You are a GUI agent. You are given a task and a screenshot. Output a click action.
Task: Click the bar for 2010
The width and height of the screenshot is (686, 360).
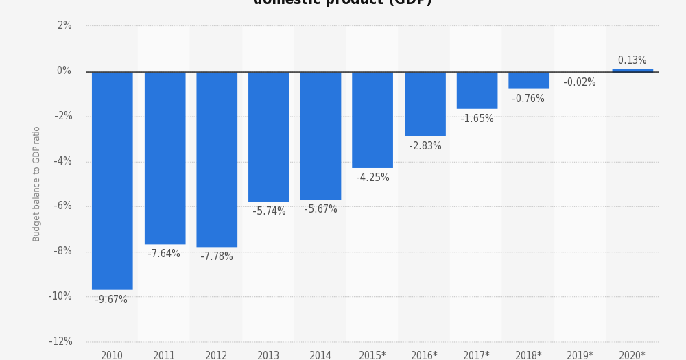tap(112, 180)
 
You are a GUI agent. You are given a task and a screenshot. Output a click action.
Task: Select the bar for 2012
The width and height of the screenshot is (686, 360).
tap(216, 159)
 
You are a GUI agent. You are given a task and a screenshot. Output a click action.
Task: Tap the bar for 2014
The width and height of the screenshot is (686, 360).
tap(320, 135)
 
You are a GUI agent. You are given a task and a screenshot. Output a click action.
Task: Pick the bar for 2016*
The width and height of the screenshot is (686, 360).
tap(425, 104)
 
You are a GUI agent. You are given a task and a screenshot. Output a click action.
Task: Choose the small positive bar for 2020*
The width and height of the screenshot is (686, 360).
tap(632, 70)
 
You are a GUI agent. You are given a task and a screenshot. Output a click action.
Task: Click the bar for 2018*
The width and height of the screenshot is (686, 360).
tap(528, 80)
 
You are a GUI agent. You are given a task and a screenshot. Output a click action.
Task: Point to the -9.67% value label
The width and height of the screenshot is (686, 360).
tap(111, 300)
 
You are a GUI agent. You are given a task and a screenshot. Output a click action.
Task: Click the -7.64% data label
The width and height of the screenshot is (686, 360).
tap(164, 254)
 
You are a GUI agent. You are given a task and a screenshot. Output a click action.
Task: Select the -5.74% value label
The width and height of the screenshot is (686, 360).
tap(269, 211)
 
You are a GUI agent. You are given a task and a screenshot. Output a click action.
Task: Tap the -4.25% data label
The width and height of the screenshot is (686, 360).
tap(372, 178)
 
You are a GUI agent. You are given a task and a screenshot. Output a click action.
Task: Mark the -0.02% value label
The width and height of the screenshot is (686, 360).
tap(580, 82)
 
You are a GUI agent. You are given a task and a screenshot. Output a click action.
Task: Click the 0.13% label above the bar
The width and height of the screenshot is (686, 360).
tap(632, 60)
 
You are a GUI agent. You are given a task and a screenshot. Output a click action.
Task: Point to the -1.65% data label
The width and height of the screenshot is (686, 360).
tap(477, 119)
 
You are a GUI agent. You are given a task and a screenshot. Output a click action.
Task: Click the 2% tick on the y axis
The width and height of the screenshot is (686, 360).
tap(64, 25)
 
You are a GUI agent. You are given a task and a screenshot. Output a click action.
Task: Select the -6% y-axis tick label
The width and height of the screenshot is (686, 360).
tap(62, 206)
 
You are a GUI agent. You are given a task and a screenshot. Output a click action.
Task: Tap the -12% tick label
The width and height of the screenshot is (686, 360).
tap(60, 341)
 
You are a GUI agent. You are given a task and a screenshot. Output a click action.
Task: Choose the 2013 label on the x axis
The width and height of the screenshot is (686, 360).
tap(268, 355)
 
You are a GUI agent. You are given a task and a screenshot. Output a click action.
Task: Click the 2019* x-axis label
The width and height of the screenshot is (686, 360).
tap(580, 355)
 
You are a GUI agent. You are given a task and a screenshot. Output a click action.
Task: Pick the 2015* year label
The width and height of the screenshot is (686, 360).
tap(372, 355)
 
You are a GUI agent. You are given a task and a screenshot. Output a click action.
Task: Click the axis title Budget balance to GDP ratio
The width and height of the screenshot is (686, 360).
tap(37, 183)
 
